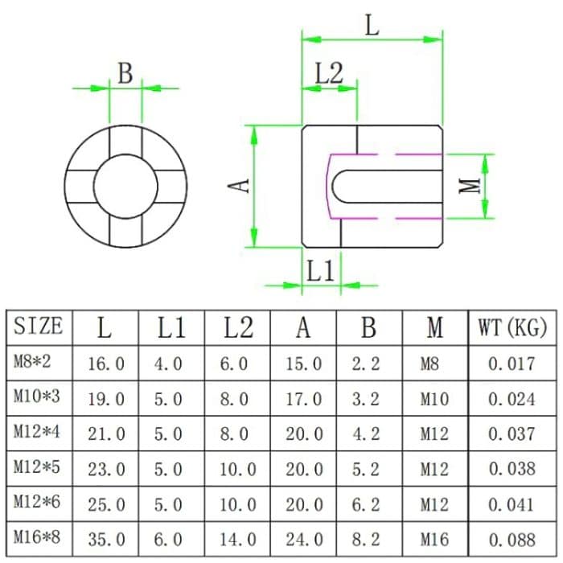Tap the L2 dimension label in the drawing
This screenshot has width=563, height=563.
(328, 75)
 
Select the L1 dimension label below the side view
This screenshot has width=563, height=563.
(320, 271)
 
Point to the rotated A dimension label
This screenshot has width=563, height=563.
(239, 186)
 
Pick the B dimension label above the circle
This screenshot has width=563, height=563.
(125, 73)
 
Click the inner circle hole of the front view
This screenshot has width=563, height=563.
(125, 185)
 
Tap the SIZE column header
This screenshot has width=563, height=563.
(38, 327)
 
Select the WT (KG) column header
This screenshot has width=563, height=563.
(512, 327)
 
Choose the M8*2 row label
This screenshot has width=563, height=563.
(32, 363)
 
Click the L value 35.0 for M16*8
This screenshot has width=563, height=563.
(106, 540)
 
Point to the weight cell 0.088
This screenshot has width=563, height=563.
(512, 540)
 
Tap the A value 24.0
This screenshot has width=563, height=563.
(303, 540)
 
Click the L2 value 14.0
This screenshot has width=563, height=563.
(237, 540)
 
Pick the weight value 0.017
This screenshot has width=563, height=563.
(512, 364)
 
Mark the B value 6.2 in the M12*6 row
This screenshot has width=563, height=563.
(366, 505)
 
